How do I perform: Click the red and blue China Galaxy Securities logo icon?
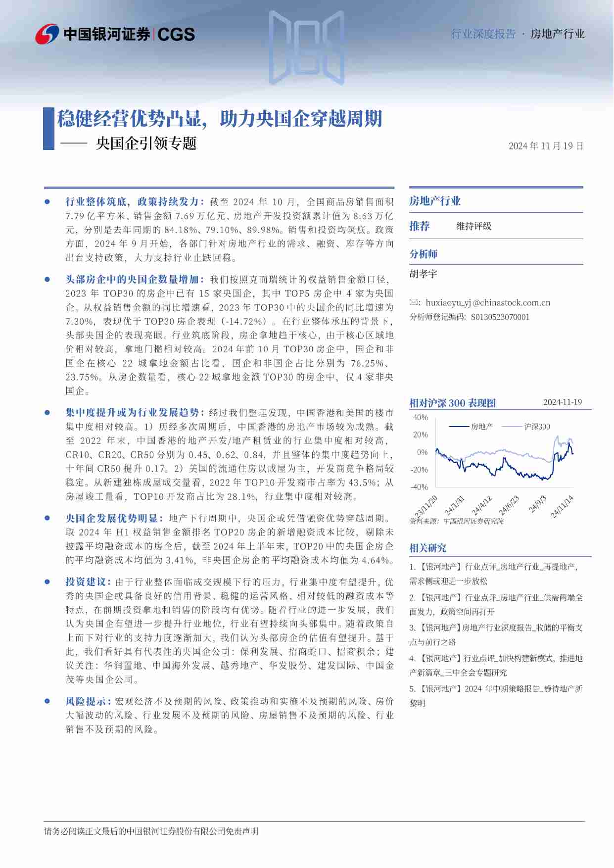pos(47,34)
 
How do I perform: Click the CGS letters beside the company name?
pos(176,34)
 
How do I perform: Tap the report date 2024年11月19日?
pos(546,146)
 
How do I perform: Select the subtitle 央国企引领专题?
pos(146,144)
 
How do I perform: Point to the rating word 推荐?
pos(420,226)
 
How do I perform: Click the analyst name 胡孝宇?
pos(424,274)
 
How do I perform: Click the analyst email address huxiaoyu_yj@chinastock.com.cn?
pos(488,303)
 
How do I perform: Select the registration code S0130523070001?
pos(500,317)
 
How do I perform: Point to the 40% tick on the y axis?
pos(420,417)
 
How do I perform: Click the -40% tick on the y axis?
pos(419,487)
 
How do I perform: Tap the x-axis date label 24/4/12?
pos(481,505)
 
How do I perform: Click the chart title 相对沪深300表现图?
pos(452,403)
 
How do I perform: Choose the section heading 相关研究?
pos(428,548)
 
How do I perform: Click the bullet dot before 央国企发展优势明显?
pos(47,518)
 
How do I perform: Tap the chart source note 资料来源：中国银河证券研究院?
pos(456,521)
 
